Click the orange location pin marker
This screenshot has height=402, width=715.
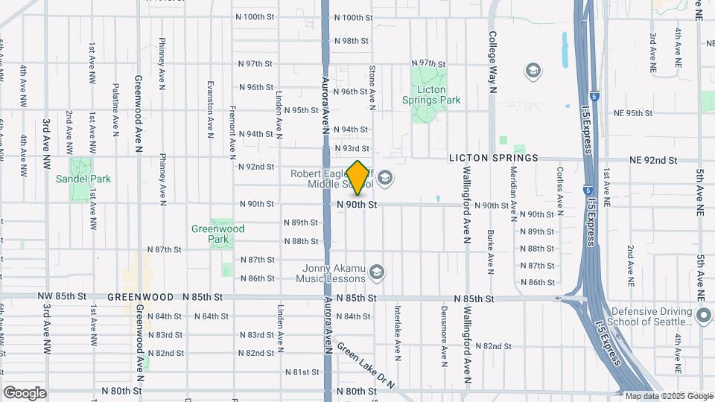coord(358,178)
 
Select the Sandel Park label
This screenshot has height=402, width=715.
coord(83,179)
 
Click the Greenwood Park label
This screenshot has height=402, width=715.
coord(210,234)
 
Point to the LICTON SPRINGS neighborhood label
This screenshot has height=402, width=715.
coord(493,159)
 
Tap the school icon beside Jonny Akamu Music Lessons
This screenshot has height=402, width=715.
coord(377,272)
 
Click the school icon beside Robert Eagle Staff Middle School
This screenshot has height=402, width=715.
coord(384,177)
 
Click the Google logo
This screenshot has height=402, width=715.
coord(25,393)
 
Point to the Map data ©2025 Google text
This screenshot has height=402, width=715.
coord(669,396)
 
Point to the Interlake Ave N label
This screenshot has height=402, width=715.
coord(398,332)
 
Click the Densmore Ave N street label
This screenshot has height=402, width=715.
coord(443,335)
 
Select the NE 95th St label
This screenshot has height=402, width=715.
coord(633,113)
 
